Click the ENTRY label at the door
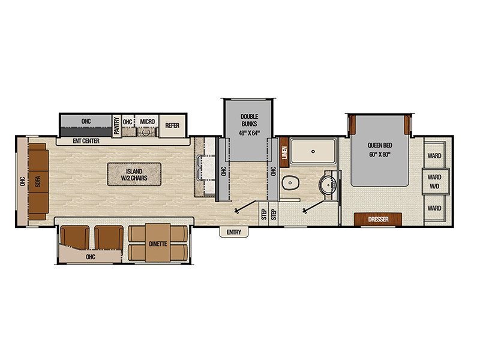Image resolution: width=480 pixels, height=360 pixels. [234, 232]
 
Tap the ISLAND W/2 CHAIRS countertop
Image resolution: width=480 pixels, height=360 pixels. [134, 175]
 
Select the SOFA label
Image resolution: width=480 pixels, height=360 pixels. [38, 181]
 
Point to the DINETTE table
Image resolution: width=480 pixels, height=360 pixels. [158, 243]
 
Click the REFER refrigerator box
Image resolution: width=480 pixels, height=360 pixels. [172, 125]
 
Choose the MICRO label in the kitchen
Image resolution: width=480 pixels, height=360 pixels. [147, 122]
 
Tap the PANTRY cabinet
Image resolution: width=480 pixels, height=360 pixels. [116, 125]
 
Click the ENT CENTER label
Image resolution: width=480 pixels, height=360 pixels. [86, 141]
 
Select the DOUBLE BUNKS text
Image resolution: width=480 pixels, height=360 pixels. [249, 121]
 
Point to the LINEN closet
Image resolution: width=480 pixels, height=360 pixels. [284, 152]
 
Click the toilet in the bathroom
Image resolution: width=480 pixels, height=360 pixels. [290, 183]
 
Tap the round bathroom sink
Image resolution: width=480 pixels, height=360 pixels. [328, 185]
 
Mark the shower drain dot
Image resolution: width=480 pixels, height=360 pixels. [313, 151]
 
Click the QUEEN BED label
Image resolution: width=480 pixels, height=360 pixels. [380, 145]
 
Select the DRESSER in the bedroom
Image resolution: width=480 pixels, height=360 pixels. [378, 219]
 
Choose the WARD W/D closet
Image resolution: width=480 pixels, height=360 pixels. [434, 181]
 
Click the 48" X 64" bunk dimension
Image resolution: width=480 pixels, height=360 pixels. [249, 133]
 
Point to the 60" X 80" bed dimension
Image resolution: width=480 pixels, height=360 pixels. [380, 154]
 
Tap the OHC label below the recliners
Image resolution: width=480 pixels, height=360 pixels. [91, 257]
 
